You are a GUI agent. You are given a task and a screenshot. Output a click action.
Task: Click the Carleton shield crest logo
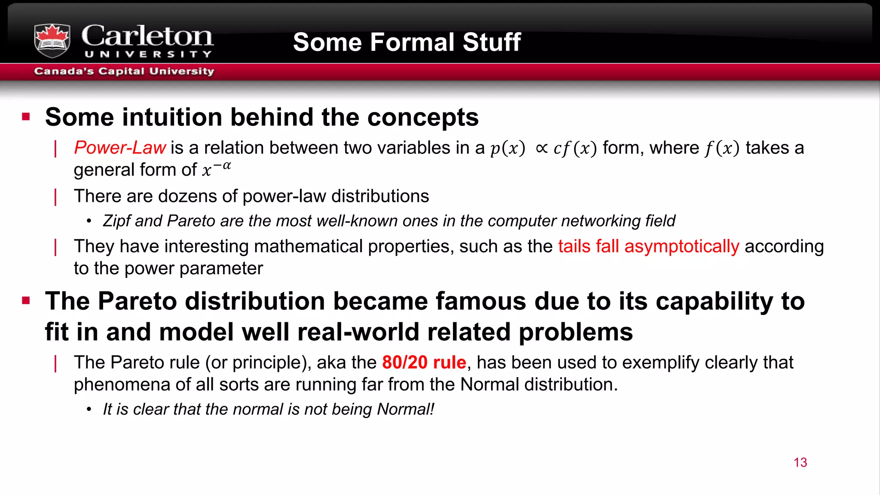[x=52, y=40]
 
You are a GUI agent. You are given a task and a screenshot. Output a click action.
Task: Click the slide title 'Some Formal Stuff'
[x=406, y=42]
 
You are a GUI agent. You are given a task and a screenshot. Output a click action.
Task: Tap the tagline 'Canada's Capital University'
[x=124, y=71]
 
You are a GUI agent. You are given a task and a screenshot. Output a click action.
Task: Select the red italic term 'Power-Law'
[x=120, y=148]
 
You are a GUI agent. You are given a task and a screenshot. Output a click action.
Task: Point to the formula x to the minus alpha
[x=217, y=169]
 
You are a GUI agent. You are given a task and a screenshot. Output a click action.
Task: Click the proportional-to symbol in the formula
[x=542, y=148]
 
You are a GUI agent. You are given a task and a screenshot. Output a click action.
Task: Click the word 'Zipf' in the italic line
[x=116, y=221]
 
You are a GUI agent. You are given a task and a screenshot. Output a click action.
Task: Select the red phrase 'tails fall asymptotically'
[x=648, y=247]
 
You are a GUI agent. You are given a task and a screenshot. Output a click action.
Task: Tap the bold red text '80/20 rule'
[x=424, y=363]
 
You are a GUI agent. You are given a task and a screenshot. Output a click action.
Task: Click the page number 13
[x=800, y=462]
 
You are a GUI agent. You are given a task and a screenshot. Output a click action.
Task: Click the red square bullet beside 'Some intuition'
[x=26, y=117]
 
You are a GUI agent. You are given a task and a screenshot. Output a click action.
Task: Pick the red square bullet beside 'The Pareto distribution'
[x=26, y=300]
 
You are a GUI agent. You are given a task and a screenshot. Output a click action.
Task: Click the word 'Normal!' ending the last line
[x=406, y=409]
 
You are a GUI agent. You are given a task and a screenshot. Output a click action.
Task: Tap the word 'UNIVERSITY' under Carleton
[x=148, y=55]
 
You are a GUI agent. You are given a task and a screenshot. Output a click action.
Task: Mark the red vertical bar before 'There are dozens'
[x=56, y=197]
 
